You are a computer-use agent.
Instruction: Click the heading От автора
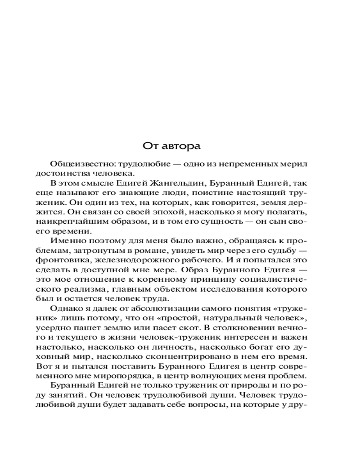pos(171,146)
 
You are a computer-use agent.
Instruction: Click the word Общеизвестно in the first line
pos(76,163)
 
